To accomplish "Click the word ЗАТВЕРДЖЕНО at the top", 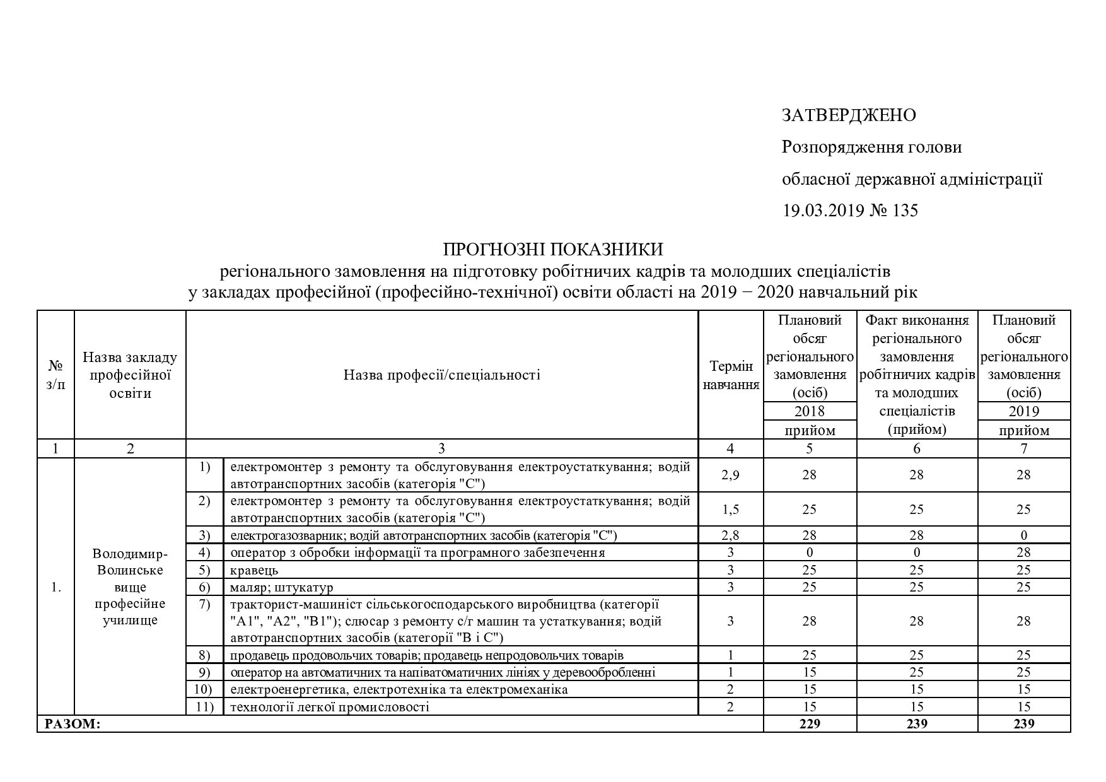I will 849,115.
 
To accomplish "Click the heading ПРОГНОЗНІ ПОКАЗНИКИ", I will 553,250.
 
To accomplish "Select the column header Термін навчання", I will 730,375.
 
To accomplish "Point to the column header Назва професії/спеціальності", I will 441,375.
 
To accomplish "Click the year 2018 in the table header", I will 810,411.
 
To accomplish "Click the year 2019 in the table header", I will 1023,411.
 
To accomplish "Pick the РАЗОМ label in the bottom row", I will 72,724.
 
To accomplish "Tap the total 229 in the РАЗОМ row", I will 810,724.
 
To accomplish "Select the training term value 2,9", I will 730,475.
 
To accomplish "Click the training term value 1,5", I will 730,509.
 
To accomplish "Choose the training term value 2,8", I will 730,535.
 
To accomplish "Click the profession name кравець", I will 254,570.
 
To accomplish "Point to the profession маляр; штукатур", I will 281,588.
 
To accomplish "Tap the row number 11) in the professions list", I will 205,707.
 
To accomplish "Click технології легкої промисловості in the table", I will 330,707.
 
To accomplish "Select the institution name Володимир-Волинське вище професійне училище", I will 130,587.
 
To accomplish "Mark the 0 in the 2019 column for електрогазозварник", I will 1023,535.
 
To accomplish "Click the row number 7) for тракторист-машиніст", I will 205,605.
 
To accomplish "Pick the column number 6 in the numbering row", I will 917,448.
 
